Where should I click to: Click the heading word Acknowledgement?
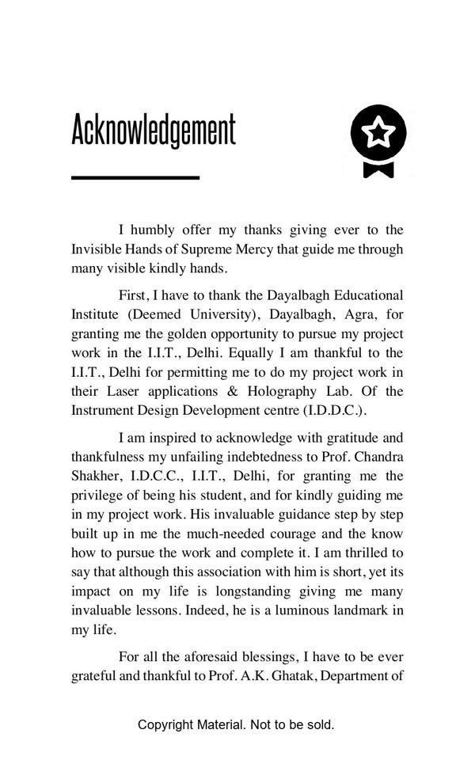point(154,131)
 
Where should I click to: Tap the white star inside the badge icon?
point(379,132)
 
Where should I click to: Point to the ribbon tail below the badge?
point(378,169)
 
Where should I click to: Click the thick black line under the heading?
point(135,177)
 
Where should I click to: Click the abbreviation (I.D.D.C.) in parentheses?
point(334,411)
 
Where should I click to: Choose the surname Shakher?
point(97,476)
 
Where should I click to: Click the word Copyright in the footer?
point(166,724)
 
